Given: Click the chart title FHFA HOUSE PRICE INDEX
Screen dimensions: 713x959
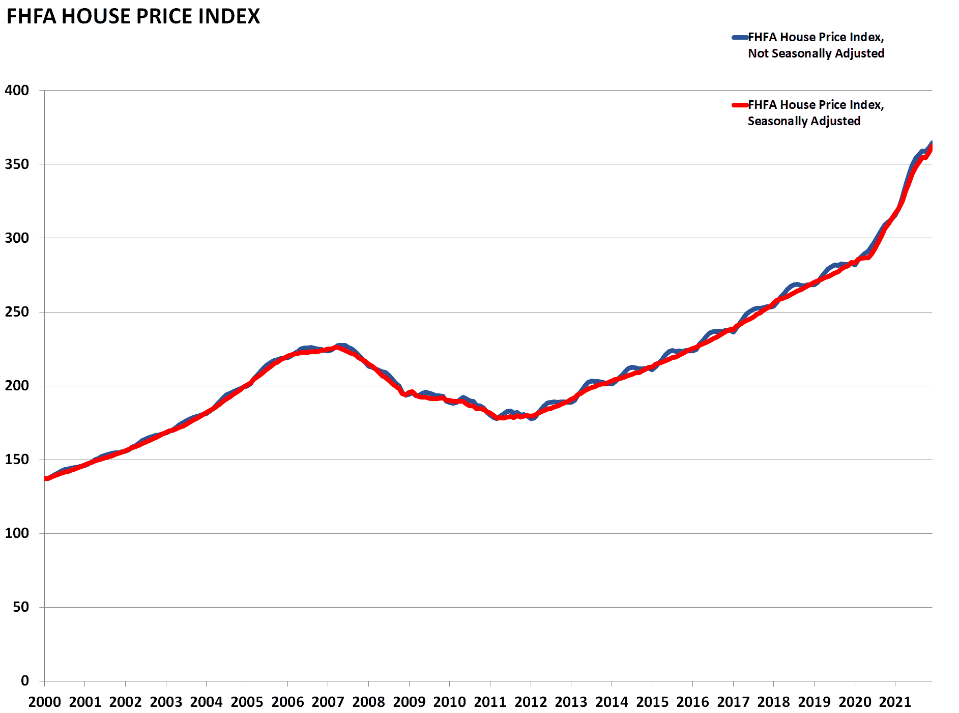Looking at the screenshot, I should pos(133,16).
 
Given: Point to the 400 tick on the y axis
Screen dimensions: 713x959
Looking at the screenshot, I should pos(17,91).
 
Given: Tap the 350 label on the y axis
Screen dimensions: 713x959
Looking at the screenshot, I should pos(17,164).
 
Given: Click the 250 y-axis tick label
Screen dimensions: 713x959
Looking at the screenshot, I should pos(17,312).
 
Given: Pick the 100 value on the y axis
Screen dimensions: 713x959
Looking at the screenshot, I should pos(17,533).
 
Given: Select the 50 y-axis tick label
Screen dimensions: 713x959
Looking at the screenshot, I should pos(21,607).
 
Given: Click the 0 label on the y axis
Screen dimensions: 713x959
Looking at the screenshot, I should pos(25,681).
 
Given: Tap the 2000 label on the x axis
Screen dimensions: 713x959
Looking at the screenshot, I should pos(45,702).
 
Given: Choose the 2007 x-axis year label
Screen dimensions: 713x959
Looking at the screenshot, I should pos(328,702).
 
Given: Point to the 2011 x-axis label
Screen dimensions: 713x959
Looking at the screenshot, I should pos(490,702).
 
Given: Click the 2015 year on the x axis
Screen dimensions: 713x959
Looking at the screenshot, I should pos(652,702).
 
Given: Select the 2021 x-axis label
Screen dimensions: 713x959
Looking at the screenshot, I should pos(895,702).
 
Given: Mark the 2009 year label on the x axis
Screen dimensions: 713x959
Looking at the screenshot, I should pos(409,702).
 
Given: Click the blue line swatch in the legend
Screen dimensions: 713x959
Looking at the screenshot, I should pos(740,37).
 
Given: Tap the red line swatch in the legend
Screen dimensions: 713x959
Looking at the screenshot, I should pos(740,105).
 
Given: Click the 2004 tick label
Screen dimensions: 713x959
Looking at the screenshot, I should pos(207,702).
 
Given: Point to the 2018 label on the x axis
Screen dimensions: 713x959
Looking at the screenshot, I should pos(774,702).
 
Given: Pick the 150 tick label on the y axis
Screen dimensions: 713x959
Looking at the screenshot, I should pos(17,460).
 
